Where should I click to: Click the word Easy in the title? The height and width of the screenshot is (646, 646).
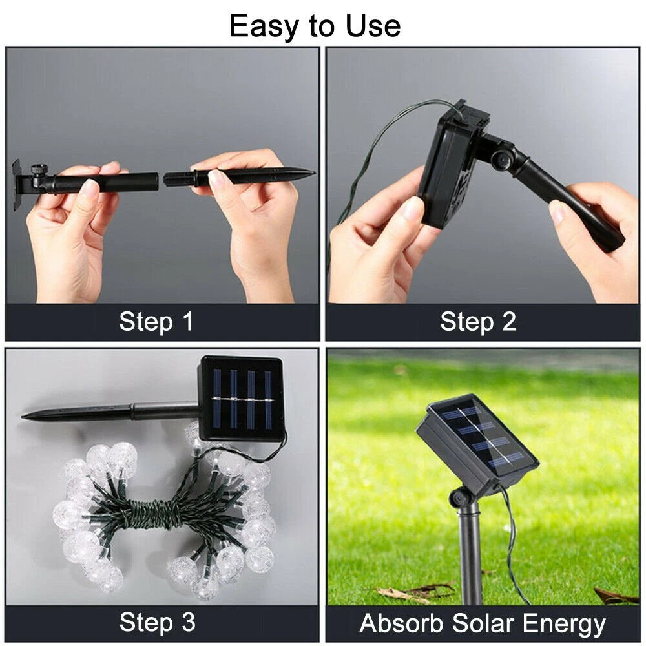coord(264,26)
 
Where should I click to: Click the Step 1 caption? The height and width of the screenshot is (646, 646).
coord(156,322)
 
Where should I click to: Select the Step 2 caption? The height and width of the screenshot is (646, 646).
coord(478,322)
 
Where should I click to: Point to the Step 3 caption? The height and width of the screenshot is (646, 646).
coord(157,622)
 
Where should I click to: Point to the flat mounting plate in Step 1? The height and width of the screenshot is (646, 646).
coord(17,185)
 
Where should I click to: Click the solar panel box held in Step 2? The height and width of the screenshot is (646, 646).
coord(453,165)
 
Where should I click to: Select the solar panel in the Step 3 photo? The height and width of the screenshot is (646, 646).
coord(242,399)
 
